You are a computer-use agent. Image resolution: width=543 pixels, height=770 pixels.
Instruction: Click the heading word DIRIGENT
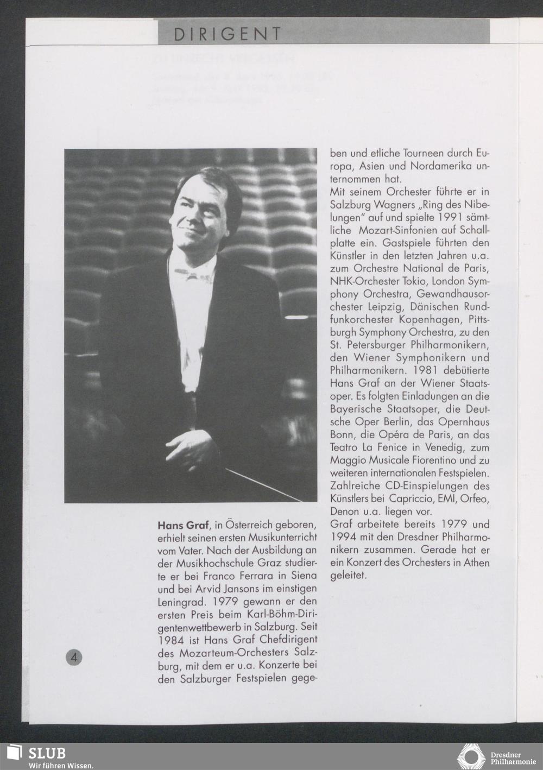[228, 34]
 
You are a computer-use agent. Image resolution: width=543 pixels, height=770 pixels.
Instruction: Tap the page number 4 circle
[74, 657]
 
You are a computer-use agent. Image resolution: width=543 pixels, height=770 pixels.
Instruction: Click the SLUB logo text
[47, 753]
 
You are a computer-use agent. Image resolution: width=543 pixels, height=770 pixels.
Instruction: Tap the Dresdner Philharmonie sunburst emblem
[472, 757]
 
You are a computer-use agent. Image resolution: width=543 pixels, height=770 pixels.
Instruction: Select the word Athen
[476, 562]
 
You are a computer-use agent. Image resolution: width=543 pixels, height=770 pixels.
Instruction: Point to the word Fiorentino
[430, 460]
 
